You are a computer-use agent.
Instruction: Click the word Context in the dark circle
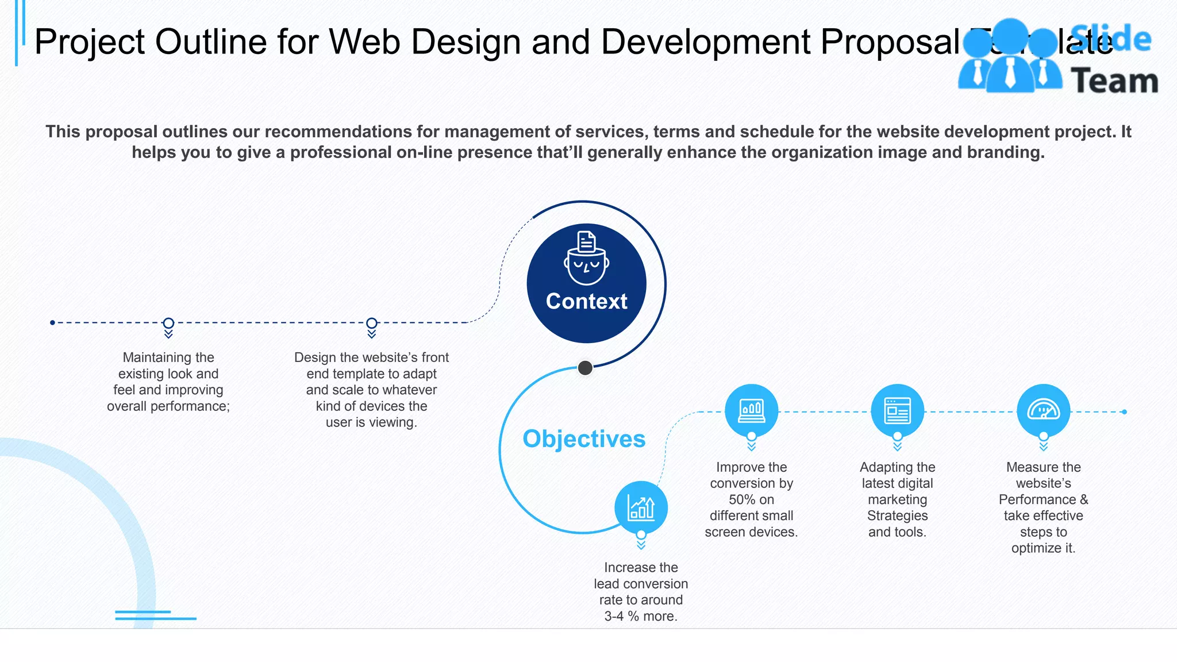point(586,302)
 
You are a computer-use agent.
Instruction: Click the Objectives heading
point(584,439)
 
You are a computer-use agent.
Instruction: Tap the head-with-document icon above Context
point(586,258)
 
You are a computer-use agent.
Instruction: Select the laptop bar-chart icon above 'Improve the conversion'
point(751,410)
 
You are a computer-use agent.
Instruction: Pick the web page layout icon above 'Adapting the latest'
point(897,410)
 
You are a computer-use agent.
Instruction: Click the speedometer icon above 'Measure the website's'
point(1043,410)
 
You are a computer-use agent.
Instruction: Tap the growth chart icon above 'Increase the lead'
point(641,507)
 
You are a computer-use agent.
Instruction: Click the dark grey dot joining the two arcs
point(585,368)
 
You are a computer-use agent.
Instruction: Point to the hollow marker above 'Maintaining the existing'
point(168,323)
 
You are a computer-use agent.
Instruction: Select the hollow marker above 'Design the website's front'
point(372,323)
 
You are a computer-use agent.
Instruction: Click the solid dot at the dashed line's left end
point(52,323)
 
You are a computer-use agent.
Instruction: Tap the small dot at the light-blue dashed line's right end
point(1124,412)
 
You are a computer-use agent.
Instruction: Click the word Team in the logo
point(1114,81)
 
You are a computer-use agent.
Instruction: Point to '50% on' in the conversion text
point(751,500)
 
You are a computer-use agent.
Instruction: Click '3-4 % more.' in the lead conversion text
point(641,617)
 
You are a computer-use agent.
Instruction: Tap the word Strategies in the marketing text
point(897,516)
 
